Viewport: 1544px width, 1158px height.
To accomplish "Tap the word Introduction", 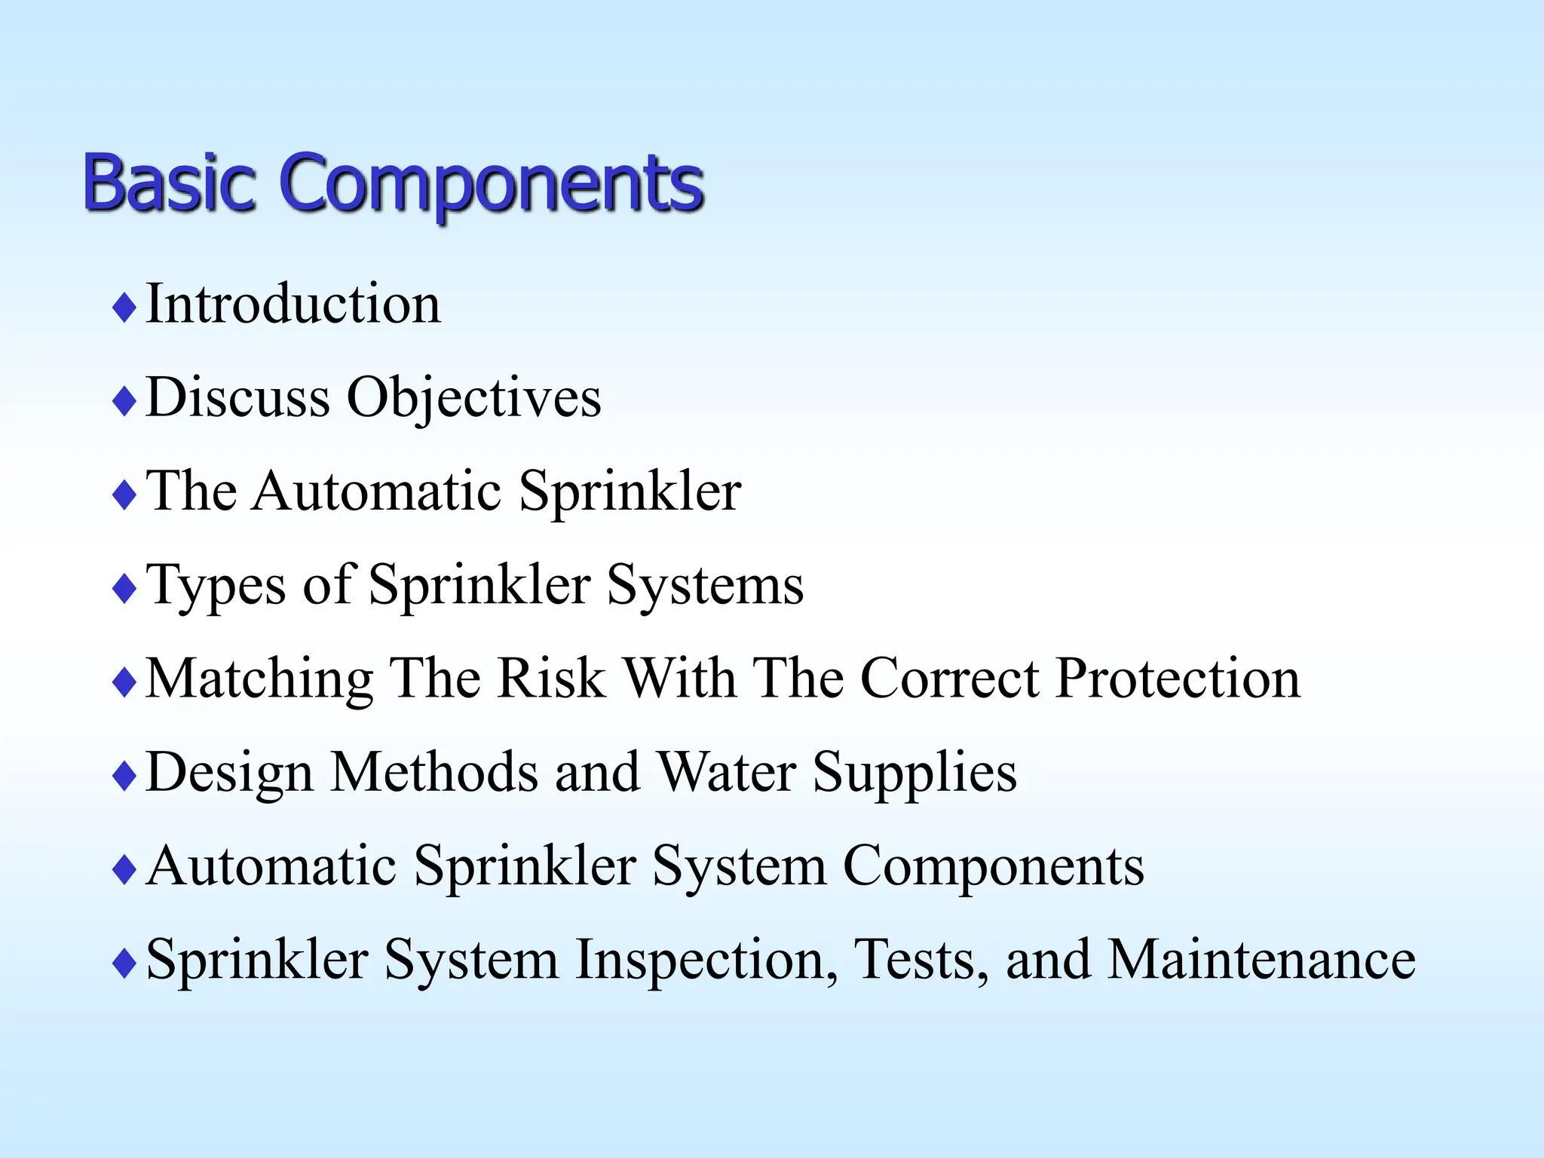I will click(293, 304).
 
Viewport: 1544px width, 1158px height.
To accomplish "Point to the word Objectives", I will click(473, 397).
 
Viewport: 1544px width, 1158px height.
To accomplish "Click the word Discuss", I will click(237, 397).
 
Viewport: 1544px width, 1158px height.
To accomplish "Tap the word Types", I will click(216, 586).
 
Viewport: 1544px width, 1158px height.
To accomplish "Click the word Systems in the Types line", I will click(705, 585).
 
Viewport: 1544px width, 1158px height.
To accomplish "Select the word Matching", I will click(259, 679).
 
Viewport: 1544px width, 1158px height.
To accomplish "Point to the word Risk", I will click(552, 678).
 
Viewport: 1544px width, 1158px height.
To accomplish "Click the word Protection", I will click(1178, 678).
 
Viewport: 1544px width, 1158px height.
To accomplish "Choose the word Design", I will click(229, 773).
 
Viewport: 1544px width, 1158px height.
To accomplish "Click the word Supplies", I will click(914, 773).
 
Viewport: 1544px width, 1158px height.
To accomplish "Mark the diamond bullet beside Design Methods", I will click(124, 777).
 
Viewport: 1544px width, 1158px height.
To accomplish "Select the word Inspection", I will click(706, 960).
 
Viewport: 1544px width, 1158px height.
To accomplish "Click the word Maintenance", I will click(1261, 959).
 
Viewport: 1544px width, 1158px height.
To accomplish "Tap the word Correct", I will click(950, 678).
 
